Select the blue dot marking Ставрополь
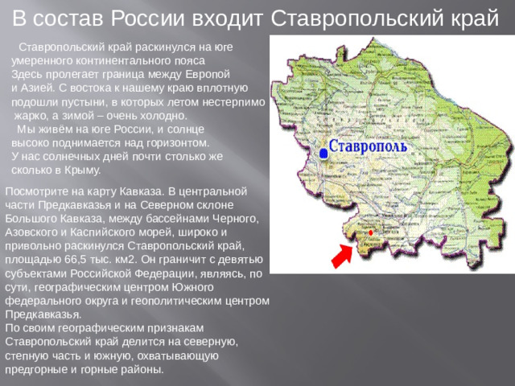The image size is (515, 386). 323,152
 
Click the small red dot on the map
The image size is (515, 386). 370,232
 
